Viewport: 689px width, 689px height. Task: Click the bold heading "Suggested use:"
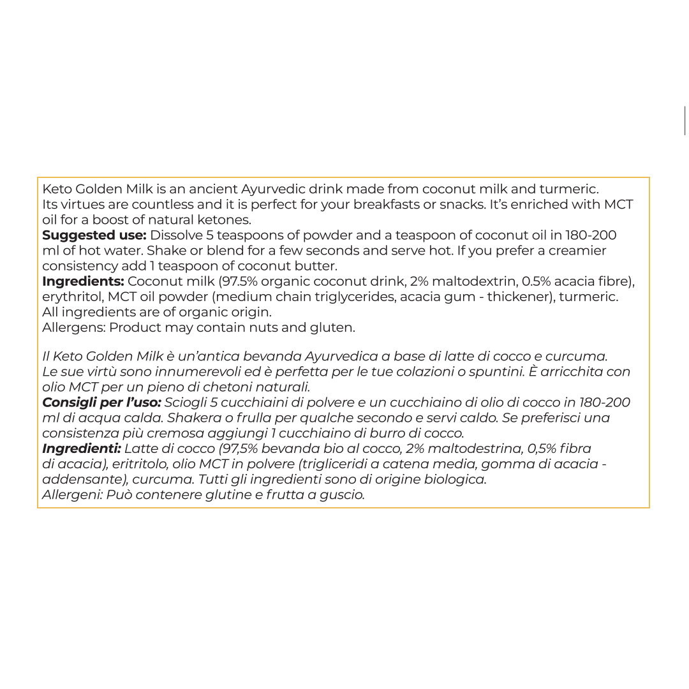click(x=94, y=235)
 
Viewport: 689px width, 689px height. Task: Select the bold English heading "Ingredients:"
click(x=83, y=281)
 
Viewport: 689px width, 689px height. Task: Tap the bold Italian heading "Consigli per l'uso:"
click(x=101, y=403)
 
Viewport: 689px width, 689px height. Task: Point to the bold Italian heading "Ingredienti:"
click(x=81, y=448)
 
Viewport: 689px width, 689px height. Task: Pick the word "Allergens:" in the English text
click(x=73, y=327)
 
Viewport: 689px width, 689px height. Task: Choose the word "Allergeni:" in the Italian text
click(x=72, y=494)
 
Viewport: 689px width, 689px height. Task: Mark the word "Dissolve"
click(x=176, y=235)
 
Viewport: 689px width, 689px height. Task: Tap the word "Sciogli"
click(x=184, y=403)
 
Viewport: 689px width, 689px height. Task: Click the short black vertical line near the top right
click(x=685, y=121)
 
